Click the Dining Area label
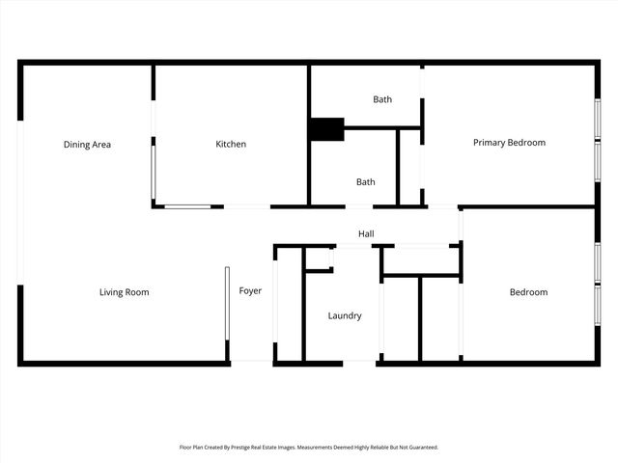(x=87, y=145)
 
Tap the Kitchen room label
(x=231, y=145)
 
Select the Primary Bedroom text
(x=509, y=143)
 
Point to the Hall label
(x=366, y=234)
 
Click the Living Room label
(x=125, y=292)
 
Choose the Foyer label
(x=250, y=291)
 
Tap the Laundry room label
(x=345, y=316)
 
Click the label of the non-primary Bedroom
(x=528, y=292)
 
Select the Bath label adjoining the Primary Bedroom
(x=382, y=99)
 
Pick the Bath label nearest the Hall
(x=365, y=181)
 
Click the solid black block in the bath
(x=326, y=129)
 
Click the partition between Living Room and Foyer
(x=227, y=304)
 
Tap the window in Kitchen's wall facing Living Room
(x=187, y=206)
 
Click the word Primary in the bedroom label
(x=490, y=143)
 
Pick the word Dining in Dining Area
(x=76, y=145)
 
